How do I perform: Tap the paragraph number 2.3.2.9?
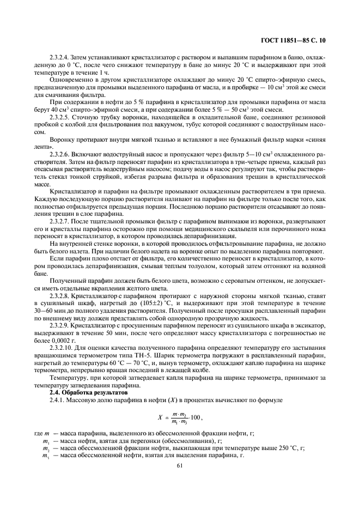pos(60,324)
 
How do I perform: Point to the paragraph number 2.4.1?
pos(57,400)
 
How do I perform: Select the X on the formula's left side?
pos(161,418)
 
